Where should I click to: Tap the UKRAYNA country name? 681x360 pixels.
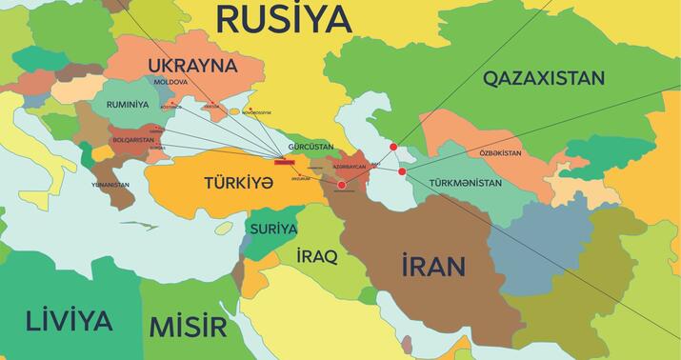pos(191,66)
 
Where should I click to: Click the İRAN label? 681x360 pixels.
pos(432,265)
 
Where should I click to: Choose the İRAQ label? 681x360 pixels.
pos(317,257)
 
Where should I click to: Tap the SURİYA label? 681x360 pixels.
pos(273,230)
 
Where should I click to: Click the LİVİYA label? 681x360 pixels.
pos(70,321)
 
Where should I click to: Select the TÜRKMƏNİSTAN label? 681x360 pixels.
pos(466,182)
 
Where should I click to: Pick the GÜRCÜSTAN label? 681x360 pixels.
pos(310,148)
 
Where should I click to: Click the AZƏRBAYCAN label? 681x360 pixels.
pos(349,167)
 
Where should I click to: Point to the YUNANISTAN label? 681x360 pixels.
pos(110,184)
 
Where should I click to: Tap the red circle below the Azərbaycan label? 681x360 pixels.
pos(342,186)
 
